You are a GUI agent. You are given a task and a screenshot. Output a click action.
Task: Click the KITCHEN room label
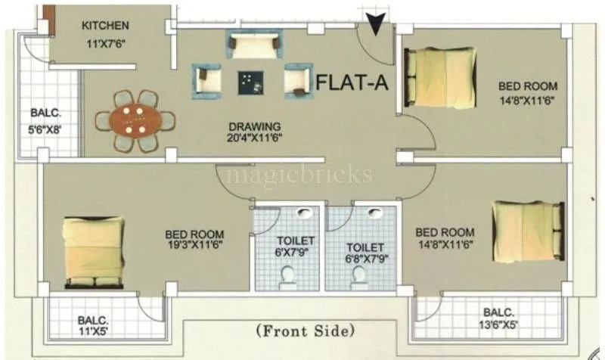coord(105,26)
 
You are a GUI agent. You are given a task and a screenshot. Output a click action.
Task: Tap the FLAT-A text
coord(352,82)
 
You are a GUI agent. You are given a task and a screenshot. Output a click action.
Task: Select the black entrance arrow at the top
coord(374,24)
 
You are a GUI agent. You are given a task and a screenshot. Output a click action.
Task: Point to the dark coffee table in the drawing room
coord(248,81)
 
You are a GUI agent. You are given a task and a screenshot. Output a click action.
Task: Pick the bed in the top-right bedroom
coord(440,77)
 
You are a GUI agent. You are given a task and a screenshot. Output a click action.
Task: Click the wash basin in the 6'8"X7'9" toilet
coord(374,214)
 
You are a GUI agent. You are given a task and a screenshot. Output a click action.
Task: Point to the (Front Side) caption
coord(305,331)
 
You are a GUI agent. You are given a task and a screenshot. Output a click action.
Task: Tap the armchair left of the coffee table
coord(206,81)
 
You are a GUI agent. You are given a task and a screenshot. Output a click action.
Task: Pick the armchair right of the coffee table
coord(298,80)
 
